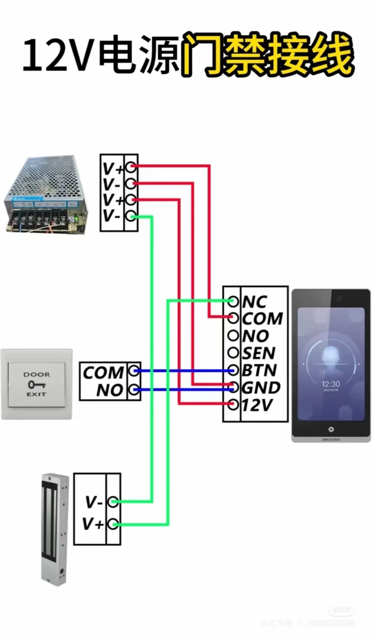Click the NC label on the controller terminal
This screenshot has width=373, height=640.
coord(255,302)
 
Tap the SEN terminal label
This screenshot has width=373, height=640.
coord(259,353)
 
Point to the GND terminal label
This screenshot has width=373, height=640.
coord(261,388)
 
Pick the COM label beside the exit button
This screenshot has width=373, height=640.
coord(103,373)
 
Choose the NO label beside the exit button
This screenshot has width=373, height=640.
coord(110,390)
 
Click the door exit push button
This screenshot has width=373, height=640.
coord(37,384)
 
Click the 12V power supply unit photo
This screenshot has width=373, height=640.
coord(46,194)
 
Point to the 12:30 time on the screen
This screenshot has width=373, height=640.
coord(331,384)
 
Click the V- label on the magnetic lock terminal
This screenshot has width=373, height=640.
coord(94,501)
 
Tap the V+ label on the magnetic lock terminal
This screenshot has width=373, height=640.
coord(93,524)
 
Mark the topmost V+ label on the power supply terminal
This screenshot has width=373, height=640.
coord(113,168)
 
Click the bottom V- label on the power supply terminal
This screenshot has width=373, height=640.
coord(111,216)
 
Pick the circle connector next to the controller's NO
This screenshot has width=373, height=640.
coord(233,336)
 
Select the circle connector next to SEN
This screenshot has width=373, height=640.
coord(233,353)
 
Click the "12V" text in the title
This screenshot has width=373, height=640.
coord(58,56)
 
